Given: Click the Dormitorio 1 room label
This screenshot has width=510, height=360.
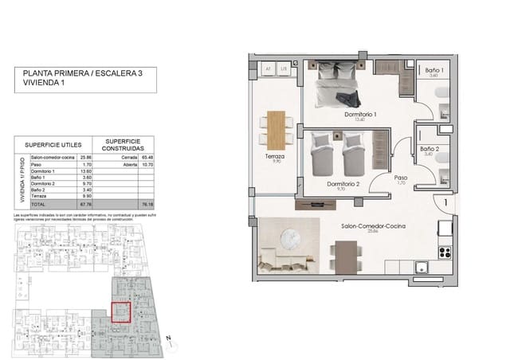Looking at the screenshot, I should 360,115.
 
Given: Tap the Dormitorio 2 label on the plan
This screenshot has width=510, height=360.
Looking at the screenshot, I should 343,184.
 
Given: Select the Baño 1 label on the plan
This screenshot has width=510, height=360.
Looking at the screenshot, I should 430,71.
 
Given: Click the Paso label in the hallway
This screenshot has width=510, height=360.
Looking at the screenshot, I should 401,178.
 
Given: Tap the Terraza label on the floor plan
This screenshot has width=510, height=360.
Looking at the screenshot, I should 277,157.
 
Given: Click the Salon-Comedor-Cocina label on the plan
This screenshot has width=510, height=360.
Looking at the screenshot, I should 373,227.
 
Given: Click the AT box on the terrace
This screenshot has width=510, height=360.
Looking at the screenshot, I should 269,70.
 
